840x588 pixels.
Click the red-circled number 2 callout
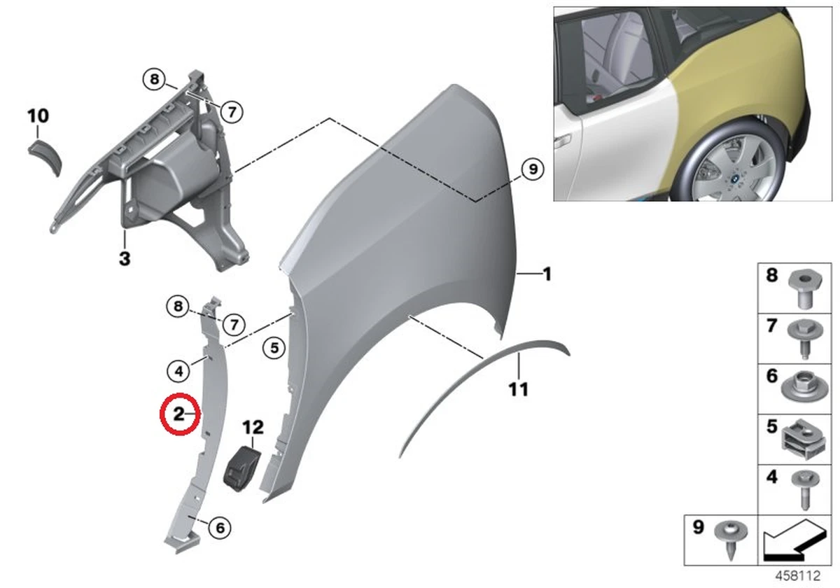tap(179, 414)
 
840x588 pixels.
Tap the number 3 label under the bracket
tap(124, 259)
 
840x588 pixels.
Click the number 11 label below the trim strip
tap(518, 388)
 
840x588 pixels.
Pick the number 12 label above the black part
tap(253, 427)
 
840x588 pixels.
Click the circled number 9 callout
tap(531, 169)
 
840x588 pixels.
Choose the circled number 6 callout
tap(219, 527)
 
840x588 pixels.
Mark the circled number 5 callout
tap(274, 346)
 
